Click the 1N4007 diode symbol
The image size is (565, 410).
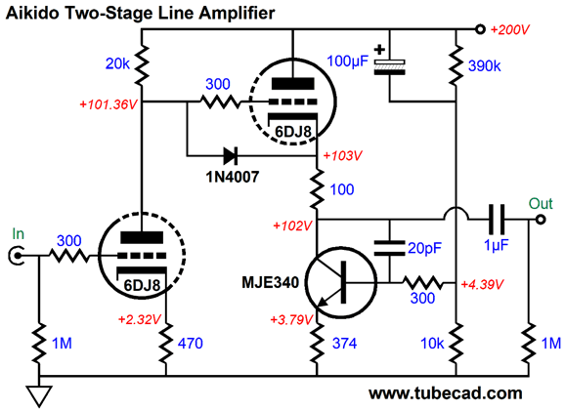pyautogui.click(x=231, y=156)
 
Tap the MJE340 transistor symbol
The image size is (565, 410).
pyautogui.click(x=340, y=282)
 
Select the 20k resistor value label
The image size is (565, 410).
pyautogui.click(x=117, y=63)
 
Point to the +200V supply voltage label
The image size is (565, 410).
pyautogui.click(x=510, y=29)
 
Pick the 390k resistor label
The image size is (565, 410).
pyautogui.click(x=484, y=65)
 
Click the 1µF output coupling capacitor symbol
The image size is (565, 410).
pyautogui.click(x=497, y=220)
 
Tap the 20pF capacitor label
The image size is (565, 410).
pyautogui.click(x=424, y=248)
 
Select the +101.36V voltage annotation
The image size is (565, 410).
pyautogui.click(x=109, y=104)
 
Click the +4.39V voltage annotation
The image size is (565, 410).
pyautogui.click(x=482, y=284)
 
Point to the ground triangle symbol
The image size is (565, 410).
pyautogui.click(x=39, y=396)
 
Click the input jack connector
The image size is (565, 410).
pyautogui.click(x=16, y=256)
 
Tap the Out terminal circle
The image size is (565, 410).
pyautogui.click(x=541, y=220)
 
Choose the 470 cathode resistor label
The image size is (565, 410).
pyautogui.click(x=191, y=344)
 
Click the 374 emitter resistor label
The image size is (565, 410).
pyautogui.click(x=344, y=344)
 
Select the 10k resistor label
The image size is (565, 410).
pyautogui.click(x=432, y=344)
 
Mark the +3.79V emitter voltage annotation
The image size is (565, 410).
pyautogui.click(x=291, y=319)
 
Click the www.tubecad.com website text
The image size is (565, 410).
pyautogui.click(x=446, y=392)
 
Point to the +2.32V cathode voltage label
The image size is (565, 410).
pyautogui.click(x=139, y=319)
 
